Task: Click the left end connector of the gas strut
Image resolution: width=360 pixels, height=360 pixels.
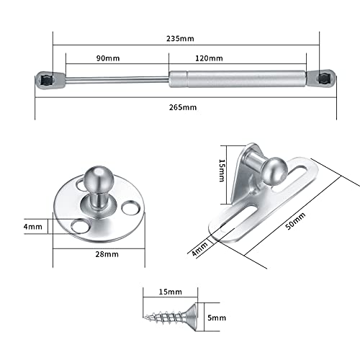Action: pyautogui.click(x=45, y=77)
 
